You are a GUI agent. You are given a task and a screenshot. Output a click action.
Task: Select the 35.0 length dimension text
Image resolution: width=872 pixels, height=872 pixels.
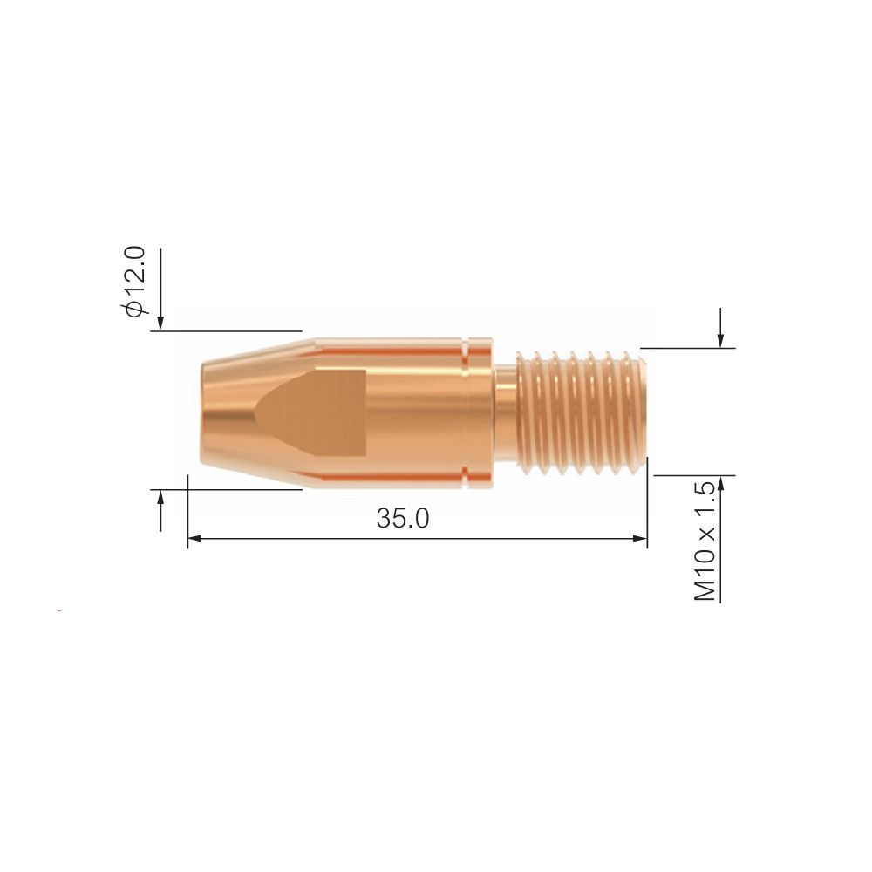click(x=403, y=518)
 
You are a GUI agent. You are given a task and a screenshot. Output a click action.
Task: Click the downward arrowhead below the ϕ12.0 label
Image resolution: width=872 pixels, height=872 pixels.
click(x=160, y=324)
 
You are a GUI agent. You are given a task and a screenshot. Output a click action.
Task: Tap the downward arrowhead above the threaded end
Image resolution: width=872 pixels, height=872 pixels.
click(x=720, y=340)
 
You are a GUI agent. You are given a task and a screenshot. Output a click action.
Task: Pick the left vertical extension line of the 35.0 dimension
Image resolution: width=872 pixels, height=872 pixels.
click(x=187, y=514)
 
